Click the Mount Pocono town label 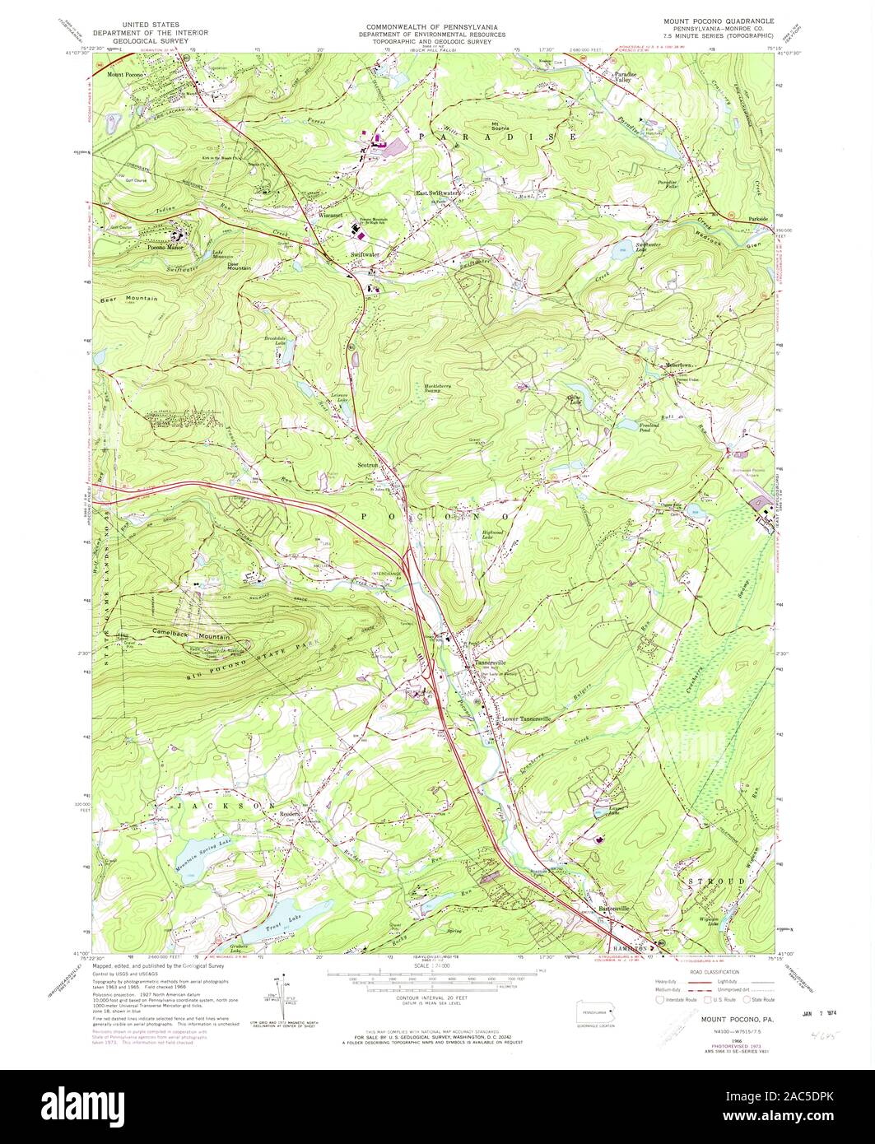click(125, 74)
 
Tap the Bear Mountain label click(128, 299)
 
